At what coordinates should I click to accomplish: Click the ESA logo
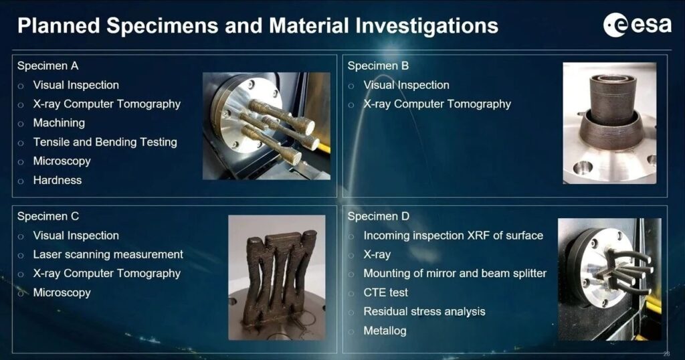[x=638, y=25]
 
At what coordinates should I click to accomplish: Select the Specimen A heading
[x=47, y=66]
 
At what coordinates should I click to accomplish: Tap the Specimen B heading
[x=378, y=66]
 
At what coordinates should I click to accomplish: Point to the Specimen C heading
[x=48, y=216]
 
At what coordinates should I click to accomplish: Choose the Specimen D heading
[x=379, y=216]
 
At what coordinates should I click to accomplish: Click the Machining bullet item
[x=59, y=123]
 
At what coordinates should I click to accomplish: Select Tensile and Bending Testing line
[x=105, y=142]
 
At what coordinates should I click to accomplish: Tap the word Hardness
[x=58, y=180]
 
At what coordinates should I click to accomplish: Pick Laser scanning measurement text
[x=108, y=254]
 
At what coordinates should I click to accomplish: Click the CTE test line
[x=386, y=292]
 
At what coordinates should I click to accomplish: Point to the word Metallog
[x=385, y=331]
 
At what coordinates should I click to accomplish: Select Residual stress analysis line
[x=424, y=312]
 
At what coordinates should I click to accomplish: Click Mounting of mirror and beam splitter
[x=455, y=274]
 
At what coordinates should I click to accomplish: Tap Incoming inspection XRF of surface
[x=454, y=236]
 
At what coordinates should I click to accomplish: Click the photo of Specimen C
[x=277, y=278]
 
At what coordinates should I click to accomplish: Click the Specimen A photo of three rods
[x=266, y=126]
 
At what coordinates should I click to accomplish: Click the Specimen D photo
[x=609, y=279]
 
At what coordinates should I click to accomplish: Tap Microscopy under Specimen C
[x=62, y=292]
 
